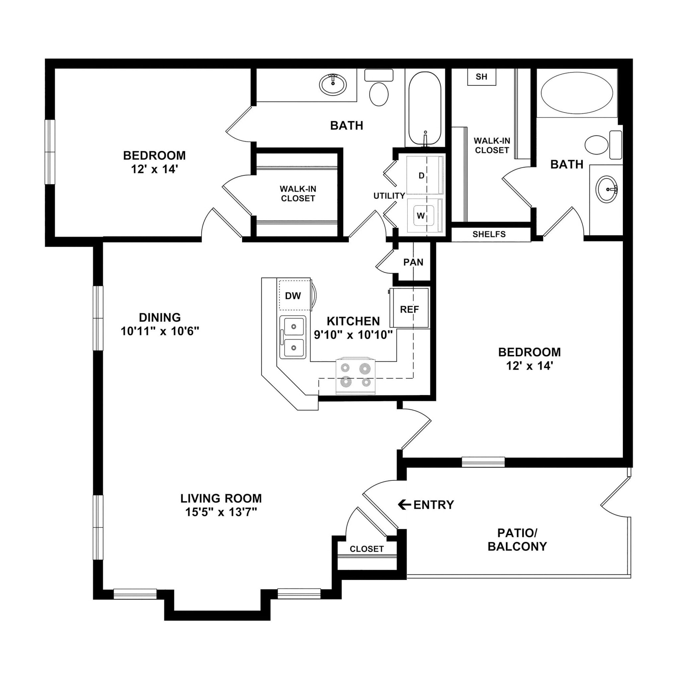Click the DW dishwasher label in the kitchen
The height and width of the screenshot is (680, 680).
293,296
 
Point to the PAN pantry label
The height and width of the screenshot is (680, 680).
413,262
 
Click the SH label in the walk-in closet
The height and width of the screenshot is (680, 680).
481,77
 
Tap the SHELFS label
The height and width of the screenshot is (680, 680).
489,234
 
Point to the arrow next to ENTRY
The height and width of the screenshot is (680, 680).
404,505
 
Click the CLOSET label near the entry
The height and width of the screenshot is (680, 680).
367,549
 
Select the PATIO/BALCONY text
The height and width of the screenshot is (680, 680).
517,540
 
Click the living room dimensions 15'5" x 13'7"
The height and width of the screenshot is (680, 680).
221,512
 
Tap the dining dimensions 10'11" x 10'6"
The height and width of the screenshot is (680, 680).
160,331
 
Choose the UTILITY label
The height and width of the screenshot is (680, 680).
389,196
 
